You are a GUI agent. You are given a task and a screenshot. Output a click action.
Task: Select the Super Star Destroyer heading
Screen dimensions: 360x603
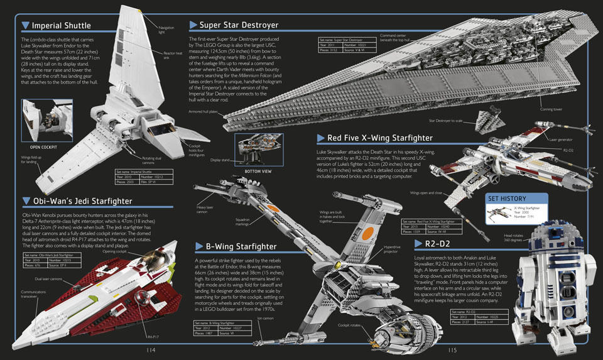(239, 25)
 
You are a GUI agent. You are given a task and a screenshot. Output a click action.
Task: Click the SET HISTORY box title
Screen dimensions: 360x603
(511, 199)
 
